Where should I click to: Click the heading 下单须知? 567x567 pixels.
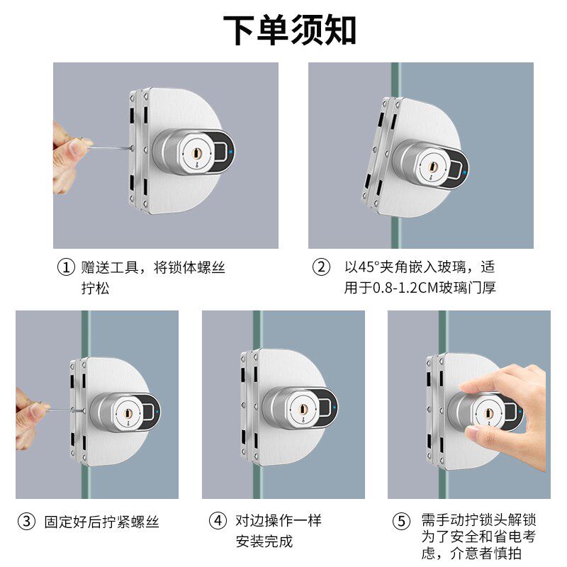pyautogui.click(x=289, y=30)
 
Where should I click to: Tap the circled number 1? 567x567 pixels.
pyautogui.click(x=66, y=268)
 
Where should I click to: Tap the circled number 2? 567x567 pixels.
pyautogui.click(x=321, y=267)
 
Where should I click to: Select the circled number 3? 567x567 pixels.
pyautogui.click(x=27, y=522)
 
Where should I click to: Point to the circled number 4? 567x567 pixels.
pyautogui.click(x=218, y=521)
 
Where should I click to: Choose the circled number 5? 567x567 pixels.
pyautogui.click(x=401, y=522)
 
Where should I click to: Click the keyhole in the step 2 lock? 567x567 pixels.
pyautogui.click(x=432, y=167)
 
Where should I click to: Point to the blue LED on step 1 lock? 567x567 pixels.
pyautogui.click(x=231, y=152)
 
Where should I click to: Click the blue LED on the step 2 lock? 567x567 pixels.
pyautogui.click(x=464, y=172)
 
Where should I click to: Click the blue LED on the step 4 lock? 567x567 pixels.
pyautogui.click(x=334, y=407)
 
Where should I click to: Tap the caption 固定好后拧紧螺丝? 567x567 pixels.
pyautogui.click(x=101, y=522)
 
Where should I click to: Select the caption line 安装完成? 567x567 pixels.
pyautogui.click(x=264, y=541)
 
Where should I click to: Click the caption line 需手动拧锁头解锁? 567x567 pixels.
pyautogui.click(x=479, y=520)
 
